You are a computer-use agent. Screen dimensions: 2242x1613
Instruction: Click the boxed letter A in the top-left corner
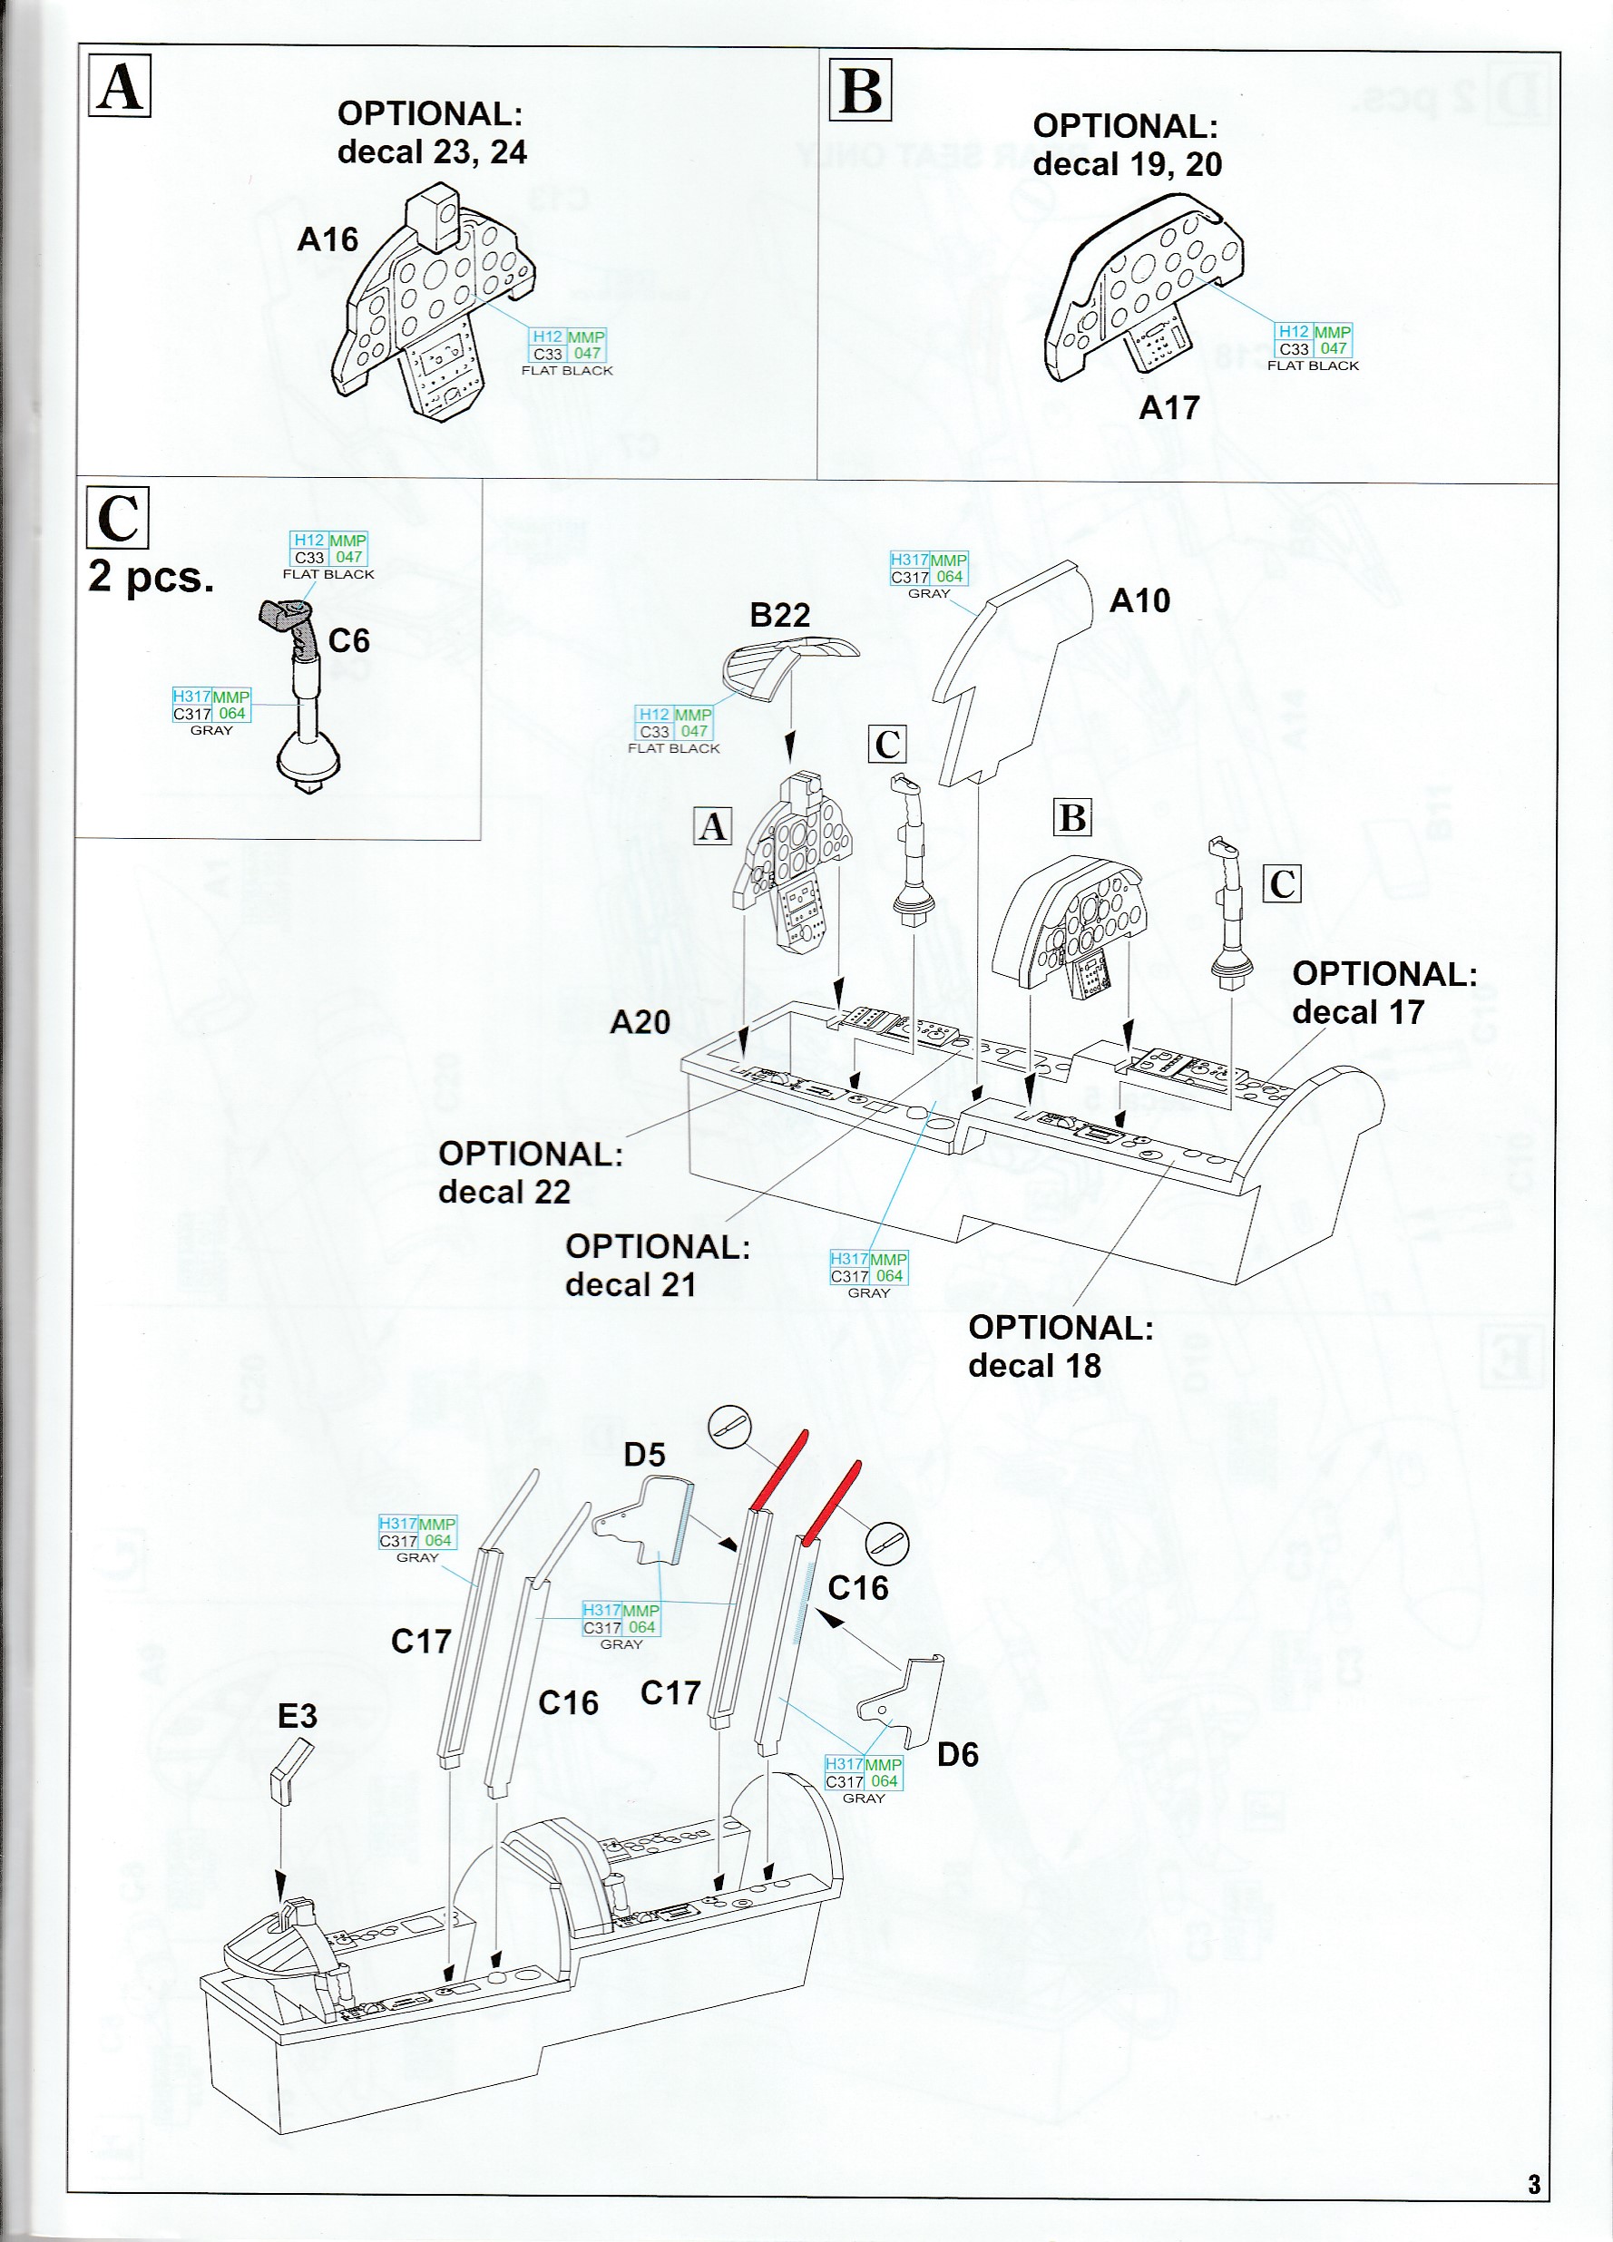[x=120, y=86]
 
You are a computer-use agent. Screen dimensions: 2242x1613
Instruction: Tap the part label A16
[x=327, y=239]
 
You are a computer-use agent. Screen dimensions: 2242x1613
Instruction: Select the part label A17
[x=1169, y=407]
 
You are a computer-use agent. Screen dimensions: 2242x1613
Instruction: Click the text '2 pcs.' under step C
[x=151, y=576]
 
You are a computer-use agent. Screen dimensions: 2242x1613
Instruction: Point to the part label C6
[x=349, y=640]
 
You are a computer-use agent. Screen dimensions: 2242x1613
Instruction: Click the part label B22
[x=779, y=615]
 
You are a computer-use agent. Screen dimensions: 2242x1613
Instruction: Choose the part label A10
[x=1139, y=600]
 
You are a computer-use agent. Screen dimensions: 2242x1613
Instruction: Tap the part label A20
[x=640, y=1022]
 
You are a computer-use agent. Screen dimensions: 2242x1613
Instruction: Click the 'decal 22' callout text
[x=504, y=1191]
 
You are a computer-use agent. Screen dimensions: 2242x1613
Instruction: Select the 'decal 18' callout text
[x=1033, y=1365]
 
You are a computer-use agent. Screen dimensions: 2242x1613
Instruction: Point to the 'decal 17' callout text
[x=1357, y=1011]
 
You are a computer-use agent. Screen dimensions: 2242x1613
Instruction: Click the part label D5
[x=644, y=1454]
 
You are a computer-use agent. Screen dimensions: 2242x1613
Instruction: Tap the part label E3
[x=298, y=1716]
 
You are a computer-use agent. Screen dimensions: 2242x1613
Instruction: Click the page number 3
[x=1534, y=2184]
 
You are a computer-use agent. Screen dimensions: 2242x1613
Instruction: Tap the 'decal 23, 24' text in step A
[x=432, y=152]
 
